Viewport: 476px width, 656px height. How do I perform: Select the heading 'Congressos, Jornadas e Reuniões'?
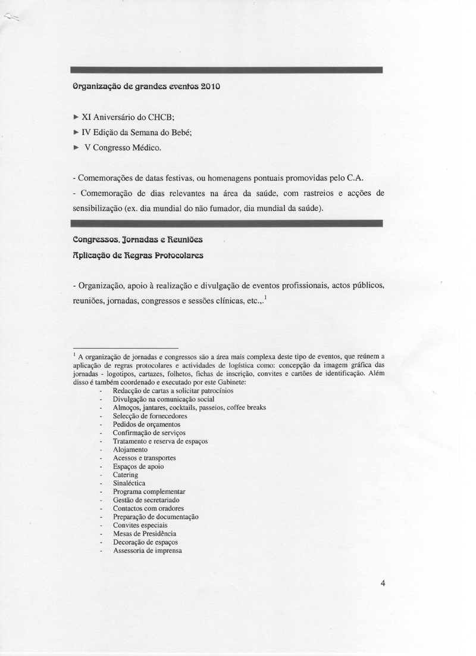(x=137, y=240)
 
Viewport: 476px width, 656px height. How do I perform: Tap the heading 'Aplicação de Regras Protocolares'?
(x=137, y=255)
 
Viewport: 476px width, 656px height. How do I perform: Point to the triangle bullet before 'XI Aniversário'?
(x=75, y=118)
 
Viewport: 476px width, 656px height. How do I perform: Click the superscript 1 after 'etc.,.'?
(x=265, y=298)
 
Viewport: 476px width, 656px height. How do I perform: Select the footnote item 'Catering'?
(x=125, y=475)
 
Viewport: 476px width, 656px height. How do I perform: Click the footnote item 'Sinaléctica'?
(x=129, y=483)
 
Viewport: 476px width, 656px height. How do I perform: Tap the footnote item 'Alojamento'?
(x=130, y=449)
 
